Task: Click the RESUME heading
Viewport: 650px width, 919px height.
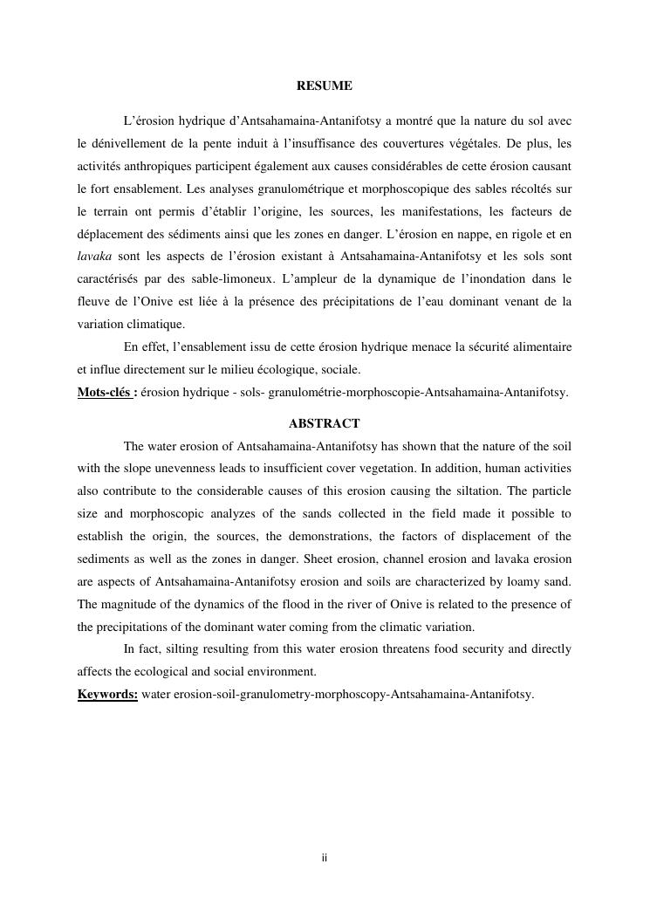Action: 325,86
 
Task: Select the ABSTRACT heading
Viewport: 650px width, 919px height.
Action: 325,424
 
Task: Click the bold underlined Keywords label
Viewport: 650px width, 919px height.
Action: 107,695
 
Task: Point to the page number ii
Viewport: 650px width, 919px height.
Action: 325,859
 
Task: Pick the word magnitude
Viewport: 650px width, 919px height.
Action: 128,605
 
